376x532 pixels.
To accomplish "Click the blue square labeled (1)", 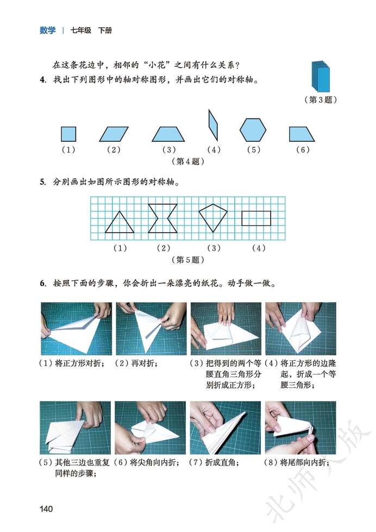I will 68,134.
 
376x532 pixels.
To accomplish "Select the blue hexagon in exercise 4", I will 253,131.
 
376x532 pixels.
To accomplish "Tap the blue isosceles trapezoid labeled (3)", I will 168,134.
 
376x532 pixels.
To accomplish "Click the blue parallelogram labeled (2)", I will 114,134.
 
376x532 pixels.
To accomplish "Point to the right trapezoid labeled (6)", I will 303,134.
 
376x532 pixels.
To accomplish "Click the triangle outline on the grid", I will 119,222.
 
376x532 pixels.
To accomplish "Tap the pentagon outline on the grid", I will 212,218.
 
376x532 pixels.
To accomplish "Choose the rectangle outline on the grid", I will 256,218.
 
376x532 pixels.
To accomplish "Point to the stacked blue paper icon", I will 320,77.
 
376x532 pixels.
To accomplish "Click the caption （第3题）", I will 321,100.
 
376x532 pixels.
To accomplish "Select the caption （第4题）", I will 188,161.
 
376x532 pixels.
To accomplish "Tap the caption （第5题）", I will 188,260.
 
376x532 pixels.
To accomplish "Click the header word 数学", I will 47,30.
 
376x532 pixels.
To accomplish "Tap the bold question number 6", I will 42,284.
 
